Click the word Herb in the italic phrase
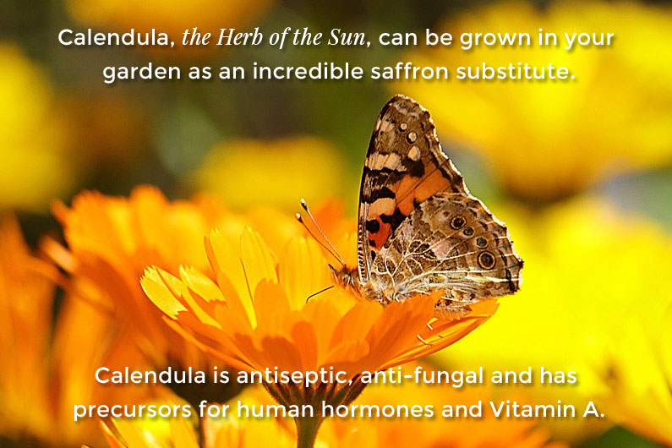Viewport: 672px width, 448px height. (x=239, y=37)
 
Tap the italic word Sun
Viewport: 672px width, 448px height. (x=347, y=37)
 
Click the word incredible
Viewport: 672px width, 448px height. (x=308, y=70)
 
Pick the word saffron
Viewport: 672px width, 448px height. (x=409, y=70)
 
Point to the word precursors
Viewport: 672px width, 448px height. (x=132, y=410)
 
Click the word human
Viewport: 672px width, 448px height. (x=276, y=409)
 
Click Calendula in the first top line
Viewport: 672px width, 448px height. (x=114, y=38)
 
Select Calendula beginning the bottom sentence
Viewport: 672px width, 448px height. (x=150, y=375)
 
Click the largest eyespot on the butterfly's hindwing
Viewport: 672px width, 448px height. (x=486, y=260)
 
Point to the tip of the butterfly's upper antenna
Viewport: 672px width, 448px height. (x=303, y=201)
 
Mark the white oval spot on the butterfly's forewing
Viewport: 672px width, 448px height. (x=414, y=153)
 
